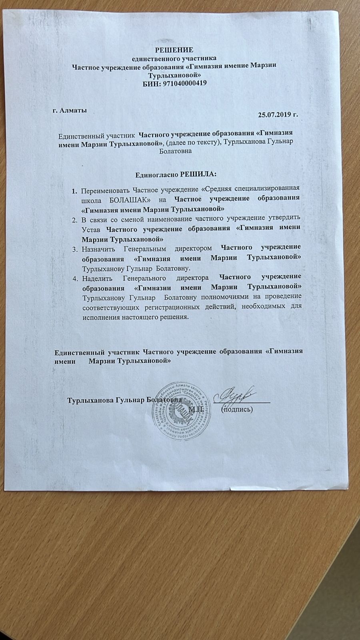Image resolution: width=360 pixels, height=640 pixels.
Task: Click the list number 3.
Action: click(75, 249)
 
